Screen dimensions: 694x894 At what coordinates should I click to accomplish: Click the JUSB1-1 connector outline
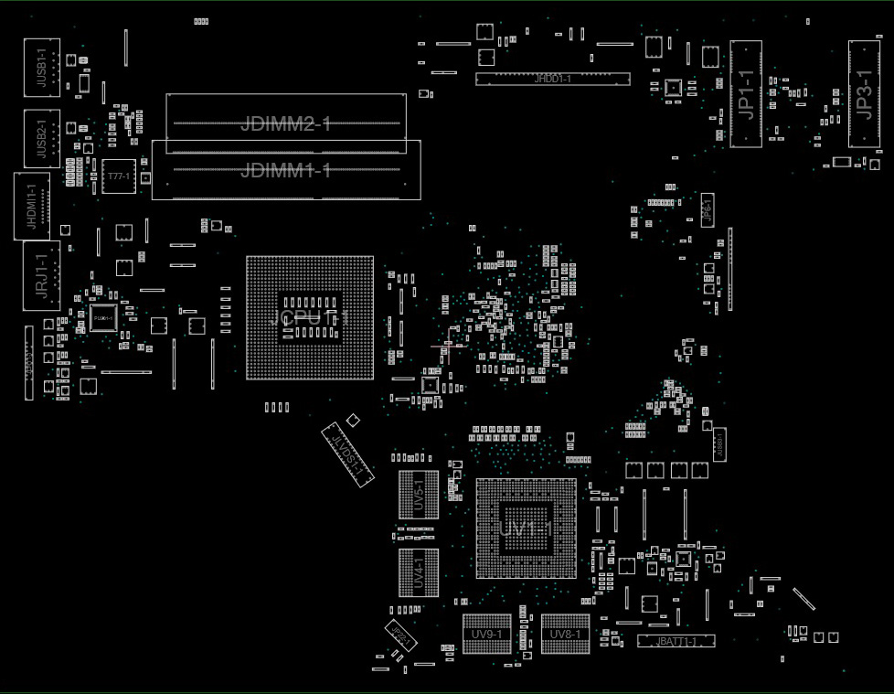42,68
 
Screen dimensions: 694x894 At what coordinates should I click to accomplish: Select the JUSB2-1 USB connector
41,138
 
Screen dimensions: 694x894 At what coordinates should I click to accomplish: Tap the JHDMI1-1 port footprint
32,206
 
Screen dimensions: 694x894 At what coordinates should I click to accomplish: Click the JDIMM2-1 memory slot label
285,124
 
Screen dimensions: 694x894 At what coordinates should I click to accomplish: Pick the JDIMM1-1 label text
285,170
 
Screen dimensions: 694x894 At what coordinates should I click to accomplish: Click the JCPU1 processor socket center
309,317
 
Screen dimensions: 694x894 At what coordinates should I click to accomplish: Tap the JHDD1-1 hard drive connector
552,80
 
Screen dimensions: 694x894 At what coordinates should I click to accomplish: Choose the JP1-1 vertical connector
746,93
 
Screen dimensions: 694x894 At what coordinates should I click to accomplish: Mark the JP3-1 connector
864,93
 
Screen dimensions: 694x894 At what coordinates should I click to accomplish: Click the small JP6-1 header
707,211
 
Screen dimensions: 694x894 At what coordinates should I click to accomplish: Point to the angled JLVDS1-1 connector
348,454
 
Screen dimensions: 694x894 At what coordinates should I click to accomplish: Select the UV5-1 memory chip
419,495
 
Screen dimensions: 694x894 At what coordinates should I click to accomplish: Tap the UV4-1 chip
418,572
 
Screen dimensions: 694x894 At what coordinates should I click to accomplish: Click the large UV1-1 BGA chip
526,529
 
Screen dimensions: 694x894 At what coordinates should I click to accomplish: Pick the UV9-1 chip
486,634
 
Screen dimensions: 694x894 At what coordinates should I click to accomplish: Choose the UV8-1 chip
565,634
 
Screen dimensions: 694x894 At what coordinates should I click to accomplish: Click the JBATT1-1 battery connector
676,641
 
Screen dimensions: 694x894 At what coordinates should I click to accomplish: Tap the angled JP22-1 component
399,635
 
